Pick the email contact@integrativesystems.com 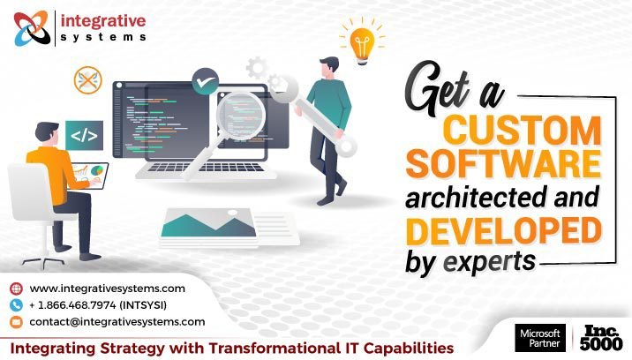(117, 322)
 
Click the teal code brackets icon (85, 135)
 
